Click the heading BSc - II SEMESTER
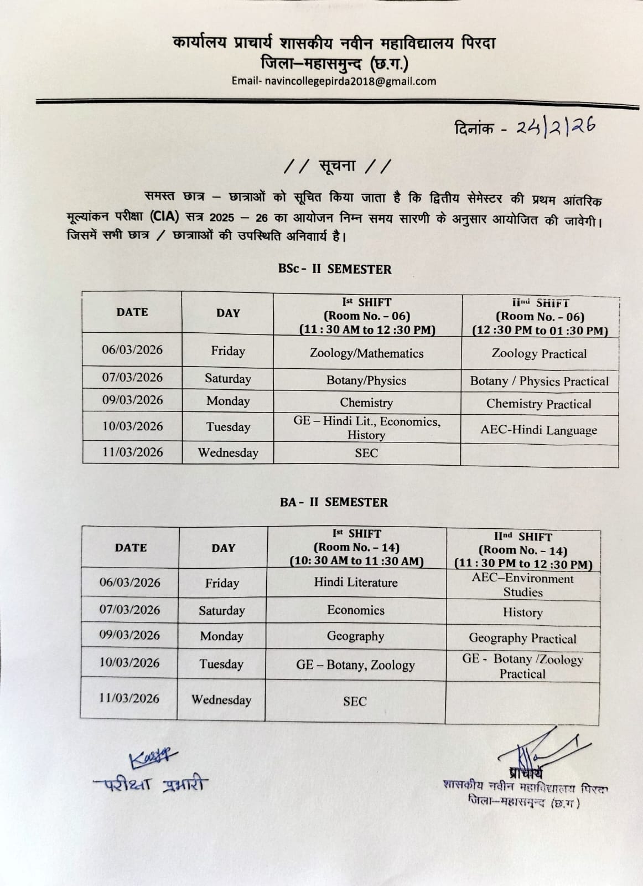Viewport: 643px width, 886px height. [335, 270]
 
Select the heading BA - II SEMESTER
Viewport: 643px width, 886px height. [334, 503]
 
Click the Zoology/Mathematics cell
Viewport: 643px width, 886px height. [366, 353]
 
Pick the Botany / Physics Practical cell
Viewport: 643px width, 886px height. [539, 382]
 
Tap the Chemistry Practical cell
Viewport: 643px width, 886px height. [538, 404]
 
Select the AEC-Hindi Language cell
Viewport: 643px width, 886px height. [538, 430]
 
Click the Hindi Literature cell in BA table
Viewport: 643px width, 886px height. [356, 583]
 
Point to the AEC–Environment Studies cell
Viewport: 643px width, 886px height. [522, 585]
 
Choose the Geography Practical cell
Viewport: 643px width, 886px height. [522, 638]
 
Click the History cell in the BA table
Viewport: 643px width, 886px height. [522, 612]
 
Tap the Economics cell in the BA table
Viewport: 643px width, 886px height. [355, 610]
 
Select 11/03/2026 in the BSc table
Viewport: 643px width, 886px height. [133, 452]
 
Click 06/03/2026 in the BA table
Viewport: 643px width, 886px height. [130, 583]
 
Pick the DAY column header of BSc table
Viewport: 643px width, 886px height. [228, 313]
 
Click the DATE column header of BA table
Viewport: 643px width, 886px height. [131, 548]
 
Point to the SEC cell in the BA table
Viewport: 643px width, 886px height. [355, 702]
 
